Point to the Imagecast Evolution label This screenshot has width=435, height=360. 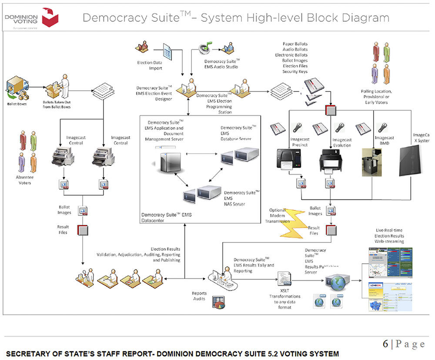click(x=342, y=142)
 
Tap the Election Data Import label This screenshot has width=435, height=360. click(x=150, y=65)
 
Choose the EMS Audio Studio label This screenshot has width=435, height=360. click(x=221, y=64)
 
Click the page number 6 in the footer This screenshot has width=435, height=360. click(x=385, y=344)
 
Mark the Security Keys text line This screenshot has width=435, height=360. click(x=295, y=71)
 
